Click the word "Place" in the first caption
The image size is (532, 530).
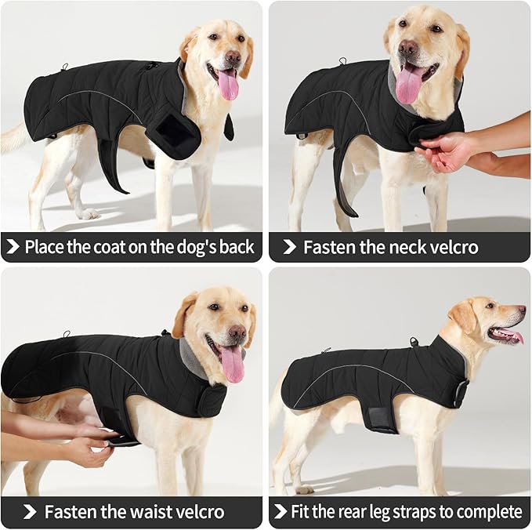pyautogui.click(x=46, y=248)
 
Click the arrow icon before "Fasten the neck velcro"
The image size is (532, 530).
pyautogui.click(x=288, y=248)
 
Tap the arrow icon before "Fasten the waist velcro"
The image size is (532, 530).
pyautogui.click(x=29, y=513)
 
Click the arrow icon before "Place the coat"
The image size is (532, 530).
pyautogui.click(x=13, y=248)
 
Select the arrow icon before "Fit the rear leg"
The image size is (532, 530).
pyautogui.click(x=280, y=513)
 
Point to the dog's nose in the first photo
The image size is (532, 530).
pyautogui.click(x=233, y=56)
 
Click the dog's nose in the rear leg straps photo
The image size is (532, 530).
pyautogui.click(x=521, y=310)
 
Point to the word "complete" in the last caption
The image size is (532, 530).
pyautogui.click(x=490, y=513)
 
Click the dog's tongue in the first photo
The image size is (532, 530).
pyautogui.click(x=228, y=85)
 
